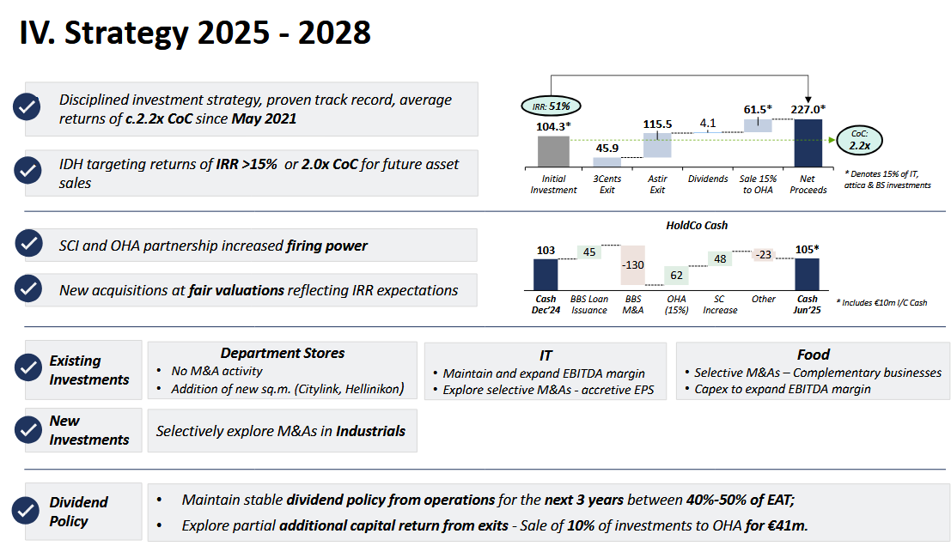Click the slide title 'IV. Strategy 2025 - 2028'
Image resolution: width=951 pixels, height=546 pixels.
[x=195, y=33]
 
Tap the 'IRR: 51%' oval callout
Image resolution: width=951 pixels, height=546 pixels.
[x=551, y=106]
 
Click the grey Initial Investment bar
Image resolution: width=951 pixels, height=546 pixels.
[x=553, y=152]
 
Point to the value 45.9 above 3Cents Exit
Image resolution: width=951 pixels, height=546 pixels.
[x=607, y=148]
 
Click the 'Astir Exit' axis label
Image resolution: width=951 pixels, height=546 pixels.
[x=657, y=185]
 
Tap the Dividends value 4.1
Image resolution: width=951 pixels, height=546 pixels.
[x=708, y=123]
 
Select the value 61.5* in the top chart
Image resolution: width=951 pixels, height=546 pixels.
[x=758, y=109]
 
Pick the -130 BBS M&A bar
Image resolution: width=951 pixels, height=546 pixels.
[x=632, y=265]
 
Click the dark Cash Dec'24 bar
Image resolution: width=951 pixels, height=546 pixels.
[x=546, y=275]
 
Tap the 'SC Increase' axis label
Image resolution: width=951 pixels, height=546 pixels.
[x=720, y=305]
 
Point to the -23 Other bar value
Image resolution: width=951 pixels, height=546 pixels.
[x=763, y=254]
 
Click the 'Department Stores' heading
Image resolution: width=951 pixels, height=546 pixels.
[x=283, y=353]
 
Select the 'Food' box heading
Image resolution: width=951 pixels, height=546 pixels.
[x=813, y=354]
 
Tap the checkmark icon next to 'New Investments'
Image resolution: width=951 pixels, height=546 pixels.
[x=27, y=430]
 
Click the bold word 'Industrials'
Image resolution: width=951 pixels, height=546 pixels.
[x=370, y=431]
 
